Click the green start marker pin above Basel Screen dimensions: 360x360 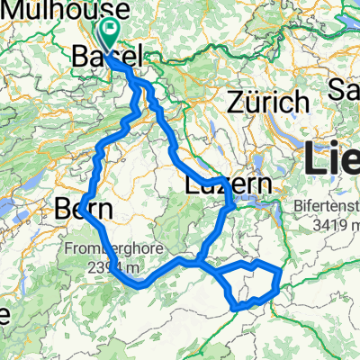(x=110, y=35)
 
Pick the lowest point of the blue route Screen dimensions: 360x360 (x=238, y=307)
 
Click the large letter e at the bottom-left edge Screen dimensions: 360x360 (x=4, y=315)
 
